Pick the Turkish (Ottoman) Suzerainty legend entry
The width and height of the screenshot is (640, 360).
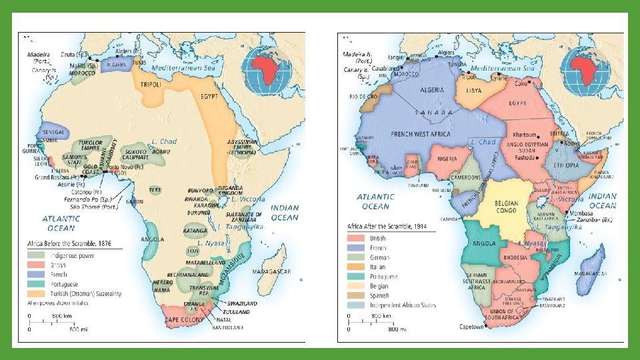pyautogui.click(x=84, y=293)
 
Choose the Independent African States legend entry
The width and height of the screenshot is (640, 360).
pyautogui.click(x=403, y=305)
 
